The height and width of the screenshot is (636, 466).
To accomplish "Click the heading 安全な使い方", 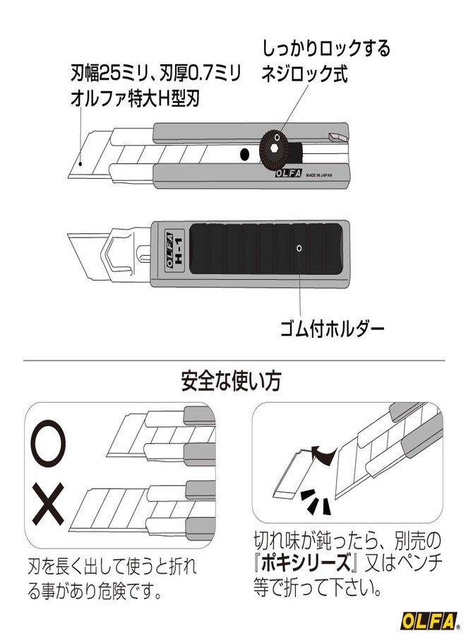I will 231,382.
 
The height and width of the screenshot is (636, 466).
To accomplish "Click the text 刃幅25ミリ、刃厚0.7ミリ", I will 156,72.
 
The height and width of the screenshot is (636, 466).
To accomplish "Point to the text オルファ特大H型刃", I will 136,99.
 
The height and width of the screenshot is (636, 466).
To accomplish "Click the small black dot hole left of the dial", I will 244,153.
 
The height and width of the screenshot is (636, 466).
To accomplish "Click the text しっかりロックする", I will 325,49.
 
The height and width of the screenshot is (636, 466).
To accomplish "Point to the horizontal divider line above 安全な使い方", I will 233,360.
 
